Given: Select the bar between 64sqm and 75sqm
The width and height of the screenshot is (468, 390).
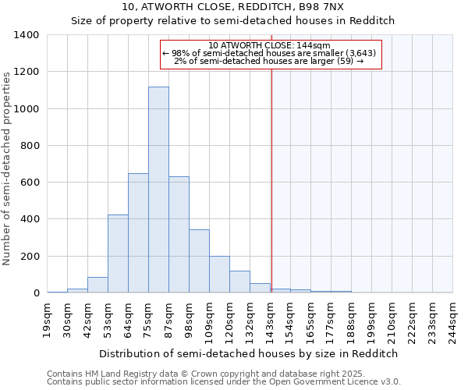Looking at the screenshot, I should [x=138, y=233].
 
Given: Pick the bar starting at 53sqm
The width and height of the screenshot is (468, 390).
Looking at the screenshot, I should [x=118, y=253].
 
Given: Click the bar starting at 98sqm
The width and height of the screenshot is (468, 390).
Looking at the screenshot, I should [x=199, y=261].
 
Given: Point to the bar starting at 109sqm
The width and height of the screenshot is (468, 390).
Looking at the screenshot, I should [x=219, y=275].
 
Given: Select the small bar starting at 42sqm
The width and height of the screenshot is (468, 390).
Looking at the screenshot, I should [x=97, y=285].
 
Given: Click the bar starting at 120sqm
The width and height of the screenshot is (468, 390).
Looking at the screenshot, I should [x=239, y=282].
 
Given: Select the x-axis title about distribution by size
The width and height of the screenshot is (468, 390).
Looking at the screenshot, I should [x=249, y=353].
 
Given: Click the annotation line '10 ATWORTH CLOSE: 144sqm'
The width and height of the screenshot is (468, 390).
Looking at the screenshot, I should [x=270, y=45].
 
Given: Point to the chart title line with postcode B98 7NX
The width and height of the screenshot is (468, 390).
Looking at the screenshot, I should [x=233, y=6].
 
